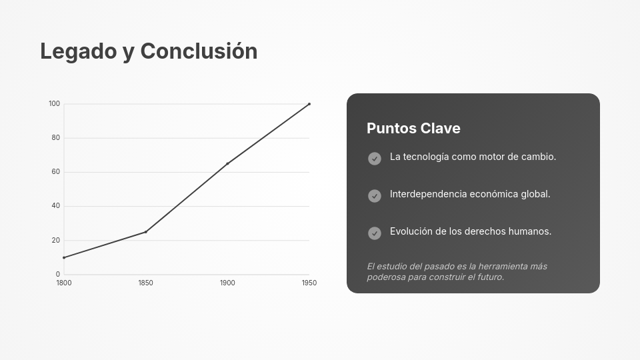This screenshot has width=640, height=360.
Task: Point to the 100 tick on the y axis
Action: (54, 104)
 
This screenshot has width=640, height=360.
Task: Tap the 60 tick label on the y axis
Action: (55, 172)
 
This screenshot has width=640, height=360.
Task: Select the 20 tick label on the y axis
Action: (55, 240)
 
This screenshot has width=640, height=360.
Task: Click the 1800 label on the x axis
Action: (63, 283)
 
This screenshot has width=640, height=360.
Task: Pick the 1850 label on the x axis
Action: (145, 283)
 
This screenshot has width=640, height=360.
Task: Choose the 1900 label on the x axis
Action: (227, 283)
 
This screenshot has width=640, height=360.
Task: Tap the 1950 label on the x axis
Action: (309, 283)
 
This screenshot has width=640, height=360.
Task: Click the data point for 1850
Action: (145, 232)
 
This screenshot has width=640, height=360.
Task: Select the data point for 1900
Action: (227, 163)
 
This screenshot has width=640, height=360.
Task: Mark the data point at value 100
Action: (309, 104)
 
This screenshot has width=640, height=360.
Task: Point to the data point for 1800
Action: (64, 257)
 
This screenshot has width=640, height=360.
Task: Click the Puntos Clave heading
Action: (413, 129)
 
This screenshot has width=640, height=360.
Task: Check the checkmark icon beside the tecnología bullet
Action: (375, 159)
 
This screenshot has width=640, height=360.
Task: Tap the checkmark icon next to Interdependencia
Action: (375, 196)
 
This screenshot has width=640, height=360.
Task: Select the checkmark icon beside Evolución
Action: (375, 233)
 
